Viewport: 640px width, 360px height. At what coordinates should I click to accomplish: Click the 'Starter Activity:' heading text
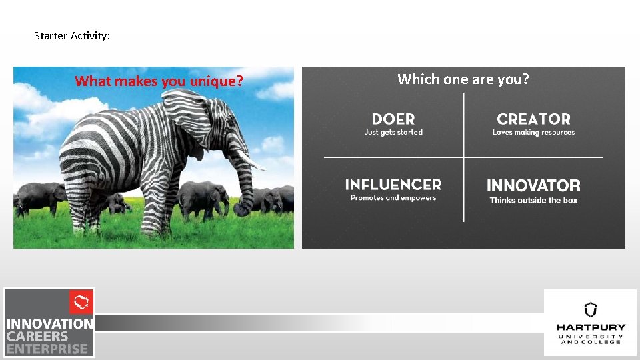pos(72,36)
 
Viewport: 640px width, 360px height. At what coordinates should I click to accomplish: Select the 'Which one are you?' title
pos(463,79)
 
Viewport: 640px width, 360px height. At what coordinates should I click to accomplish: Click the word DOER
pos(393,119)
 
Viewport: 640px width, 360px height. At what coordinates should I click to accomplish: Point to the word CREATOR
pos(533,119)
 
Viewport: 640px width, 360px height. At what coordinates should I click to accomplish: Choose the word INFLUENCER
pos(393,185)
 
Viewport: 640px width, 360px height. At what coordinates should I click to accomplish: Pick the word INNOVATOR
pos(533,185)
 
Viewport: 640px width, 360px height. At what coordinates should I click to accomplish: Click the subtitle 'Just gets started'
pos(393,133)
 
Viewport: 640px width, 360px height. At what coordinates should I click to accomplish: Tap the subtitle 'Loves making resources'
pos(533,133)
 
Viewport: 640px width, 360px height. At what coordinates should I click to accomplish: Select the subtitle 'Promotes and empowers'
pos(393,198)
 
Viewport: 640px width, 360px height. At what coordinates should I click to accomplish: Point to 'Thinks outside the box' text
pos(533,201)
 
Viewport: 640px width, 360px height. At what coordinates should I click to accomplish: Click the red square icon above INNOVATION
pos(81,303)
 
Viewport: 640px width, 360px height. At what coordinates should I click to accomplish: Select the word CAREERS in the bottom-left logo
pos(38,337)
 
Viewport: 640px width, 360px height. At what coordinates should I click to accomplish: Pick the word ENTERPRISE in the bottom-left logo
pos(47,349)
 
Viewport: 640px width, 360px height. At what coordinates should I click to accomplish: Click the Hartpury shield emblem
pos(591,309)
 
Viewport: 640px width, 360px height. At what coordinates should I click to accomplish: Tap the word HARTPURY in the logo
pos(591,327)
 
